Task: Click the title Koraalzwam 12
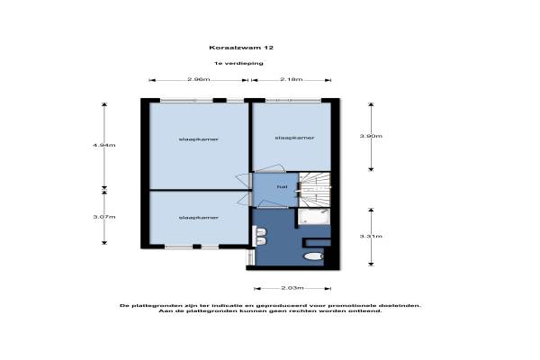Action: [x=241, y=48]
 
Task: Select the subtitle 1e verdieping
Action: [x=238, y=63]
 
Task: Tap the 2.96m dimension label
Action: [x=199, y=79]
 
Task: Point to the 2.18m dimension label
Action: [x=292, y=79]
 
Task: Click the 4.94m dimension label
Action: [x=104, y=145]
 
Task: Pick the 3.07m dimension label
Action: [x=104, y=217]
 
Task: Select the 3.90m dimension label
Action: [x=371, y=136]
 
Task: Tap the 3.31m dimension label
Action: [x=371, y=236]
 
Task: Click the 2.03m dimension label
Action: [x=292, y=288]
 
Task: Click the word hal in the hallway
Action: [x=282, y=186]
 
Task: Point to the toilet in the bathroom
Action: [x=314, y=256]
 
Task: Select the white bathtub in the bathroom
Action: [x=314, y=216]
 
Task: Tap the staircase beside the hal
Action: [x=315, y=190]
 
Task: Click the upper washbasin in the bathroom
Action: [x=261, y=231]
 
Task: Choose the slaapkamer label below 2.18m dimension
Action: [x=295, y=138]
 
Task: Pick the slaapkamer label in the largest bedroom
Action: [x=199, y=139]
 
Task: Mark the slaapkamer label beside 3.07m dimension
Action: [x=199, y=218]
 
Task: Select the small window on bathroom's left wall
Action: [x=249, y=257]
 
